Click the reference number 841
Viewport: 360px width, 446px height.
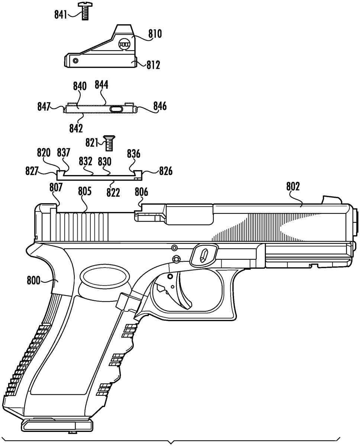click(x=60, y=15)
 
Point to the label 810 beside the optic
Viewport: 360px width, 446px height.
click(x=155, y=34)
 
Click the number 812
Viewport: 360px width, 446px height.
click(x=154, y=65)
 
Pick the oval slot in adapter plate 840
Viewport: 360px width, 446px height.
click(x=116, y=109)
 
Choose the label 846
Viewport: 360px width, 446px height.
click(x=160, y=106)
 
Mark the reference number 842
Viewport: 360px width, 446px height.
click(x=76, y=128)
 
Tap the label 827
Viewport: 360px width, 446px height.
click(x=32, y=171)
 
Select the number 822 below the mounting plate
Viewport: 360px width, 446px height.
click(x=113, y=193)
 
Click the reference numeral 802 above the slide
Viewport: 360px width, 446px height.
click(x=293, y=187)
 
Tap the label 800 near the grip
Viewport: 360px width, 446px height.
click(x=33, y=280)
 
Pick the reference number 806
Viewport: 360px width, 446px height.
click(x=141, y=192)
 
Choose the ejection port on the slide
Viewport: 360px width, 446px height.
click(x=190, y=214)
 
